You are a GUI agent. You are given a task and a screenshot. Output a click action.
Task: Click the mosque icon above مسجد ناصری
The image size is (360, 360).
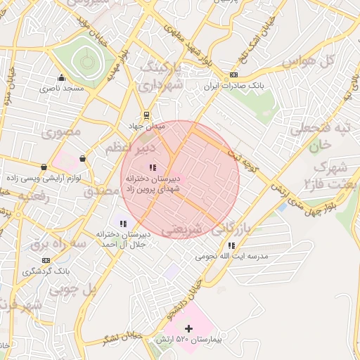pos(62,78)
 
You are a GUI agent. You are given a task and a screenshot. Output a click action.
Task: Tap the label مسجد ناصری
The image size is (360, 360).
pos(61,89)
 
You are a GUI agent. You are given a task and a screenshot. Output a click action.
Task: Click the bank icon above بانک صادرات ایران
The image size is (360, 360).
pos(233,75)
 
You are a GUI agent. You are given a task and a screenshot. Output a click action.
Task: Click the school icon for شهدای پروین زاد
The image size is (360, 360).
pos(152,167)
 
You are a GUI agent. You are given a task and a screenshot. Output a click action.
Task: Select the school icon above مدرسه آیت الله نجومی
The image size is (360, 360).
pos(231,245)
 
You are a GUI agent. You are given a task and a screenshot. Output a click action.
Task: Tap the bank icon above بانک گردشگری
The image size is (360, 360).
pos(46,260)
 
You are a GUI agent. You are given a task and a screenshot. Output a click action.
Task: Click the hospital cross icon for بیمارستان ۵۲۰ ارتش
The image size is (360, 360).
pos(188,328)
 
